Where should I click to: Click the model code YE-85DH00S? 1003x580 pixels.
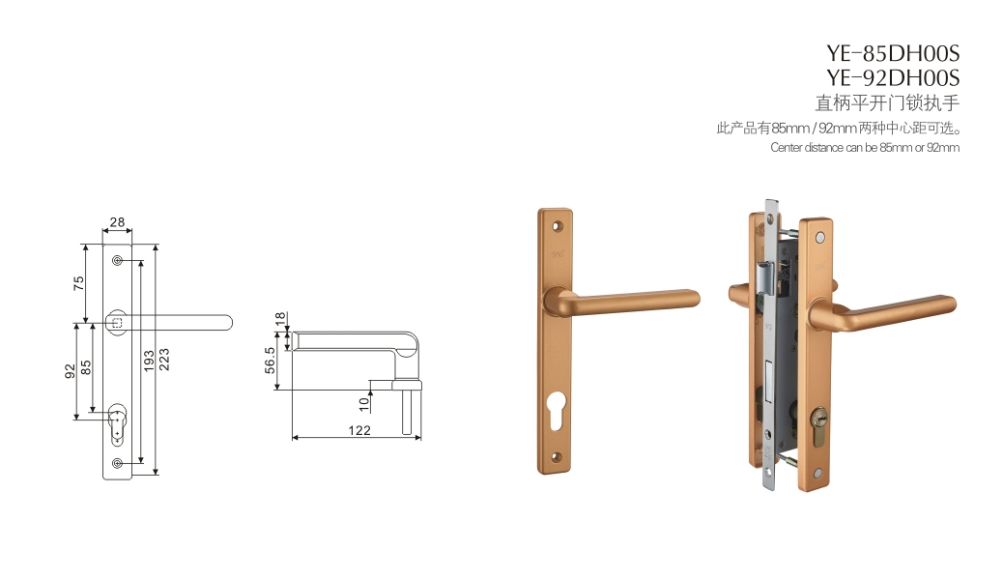[x=892, y=53]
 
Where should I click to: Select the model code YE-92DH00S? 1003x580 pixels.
[x=892, y=78]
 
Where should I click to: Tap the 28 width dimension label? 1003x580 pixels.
[x=117, y=222]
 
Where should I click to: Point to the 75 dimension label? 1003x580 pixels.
[x=78, y=283]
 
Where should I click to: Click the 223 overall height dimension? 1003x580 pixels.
[x=164, y=360]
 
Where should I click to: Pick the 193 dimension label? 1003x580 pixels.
[x=149, y=362]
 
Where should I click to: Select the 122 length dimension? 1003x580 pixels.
[x=359, y=430]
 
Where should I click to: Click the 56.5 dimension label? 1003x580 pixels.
[x=270, y=361]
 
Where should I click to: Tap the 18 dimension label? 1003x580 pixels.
[x=280, y=319]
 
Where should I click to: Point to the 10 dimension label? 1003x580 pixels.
[x=364, y=404]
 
